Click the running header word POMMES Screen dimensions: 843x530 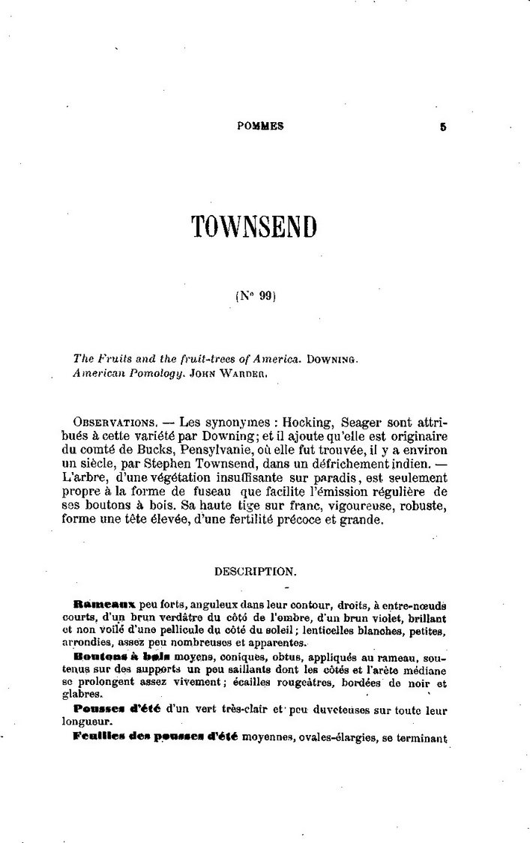(x=260, y=127)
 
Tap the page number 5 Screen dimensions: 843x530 (x=443, y=127)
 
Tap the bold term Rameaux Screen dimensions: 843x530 (x=104, y=603)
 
